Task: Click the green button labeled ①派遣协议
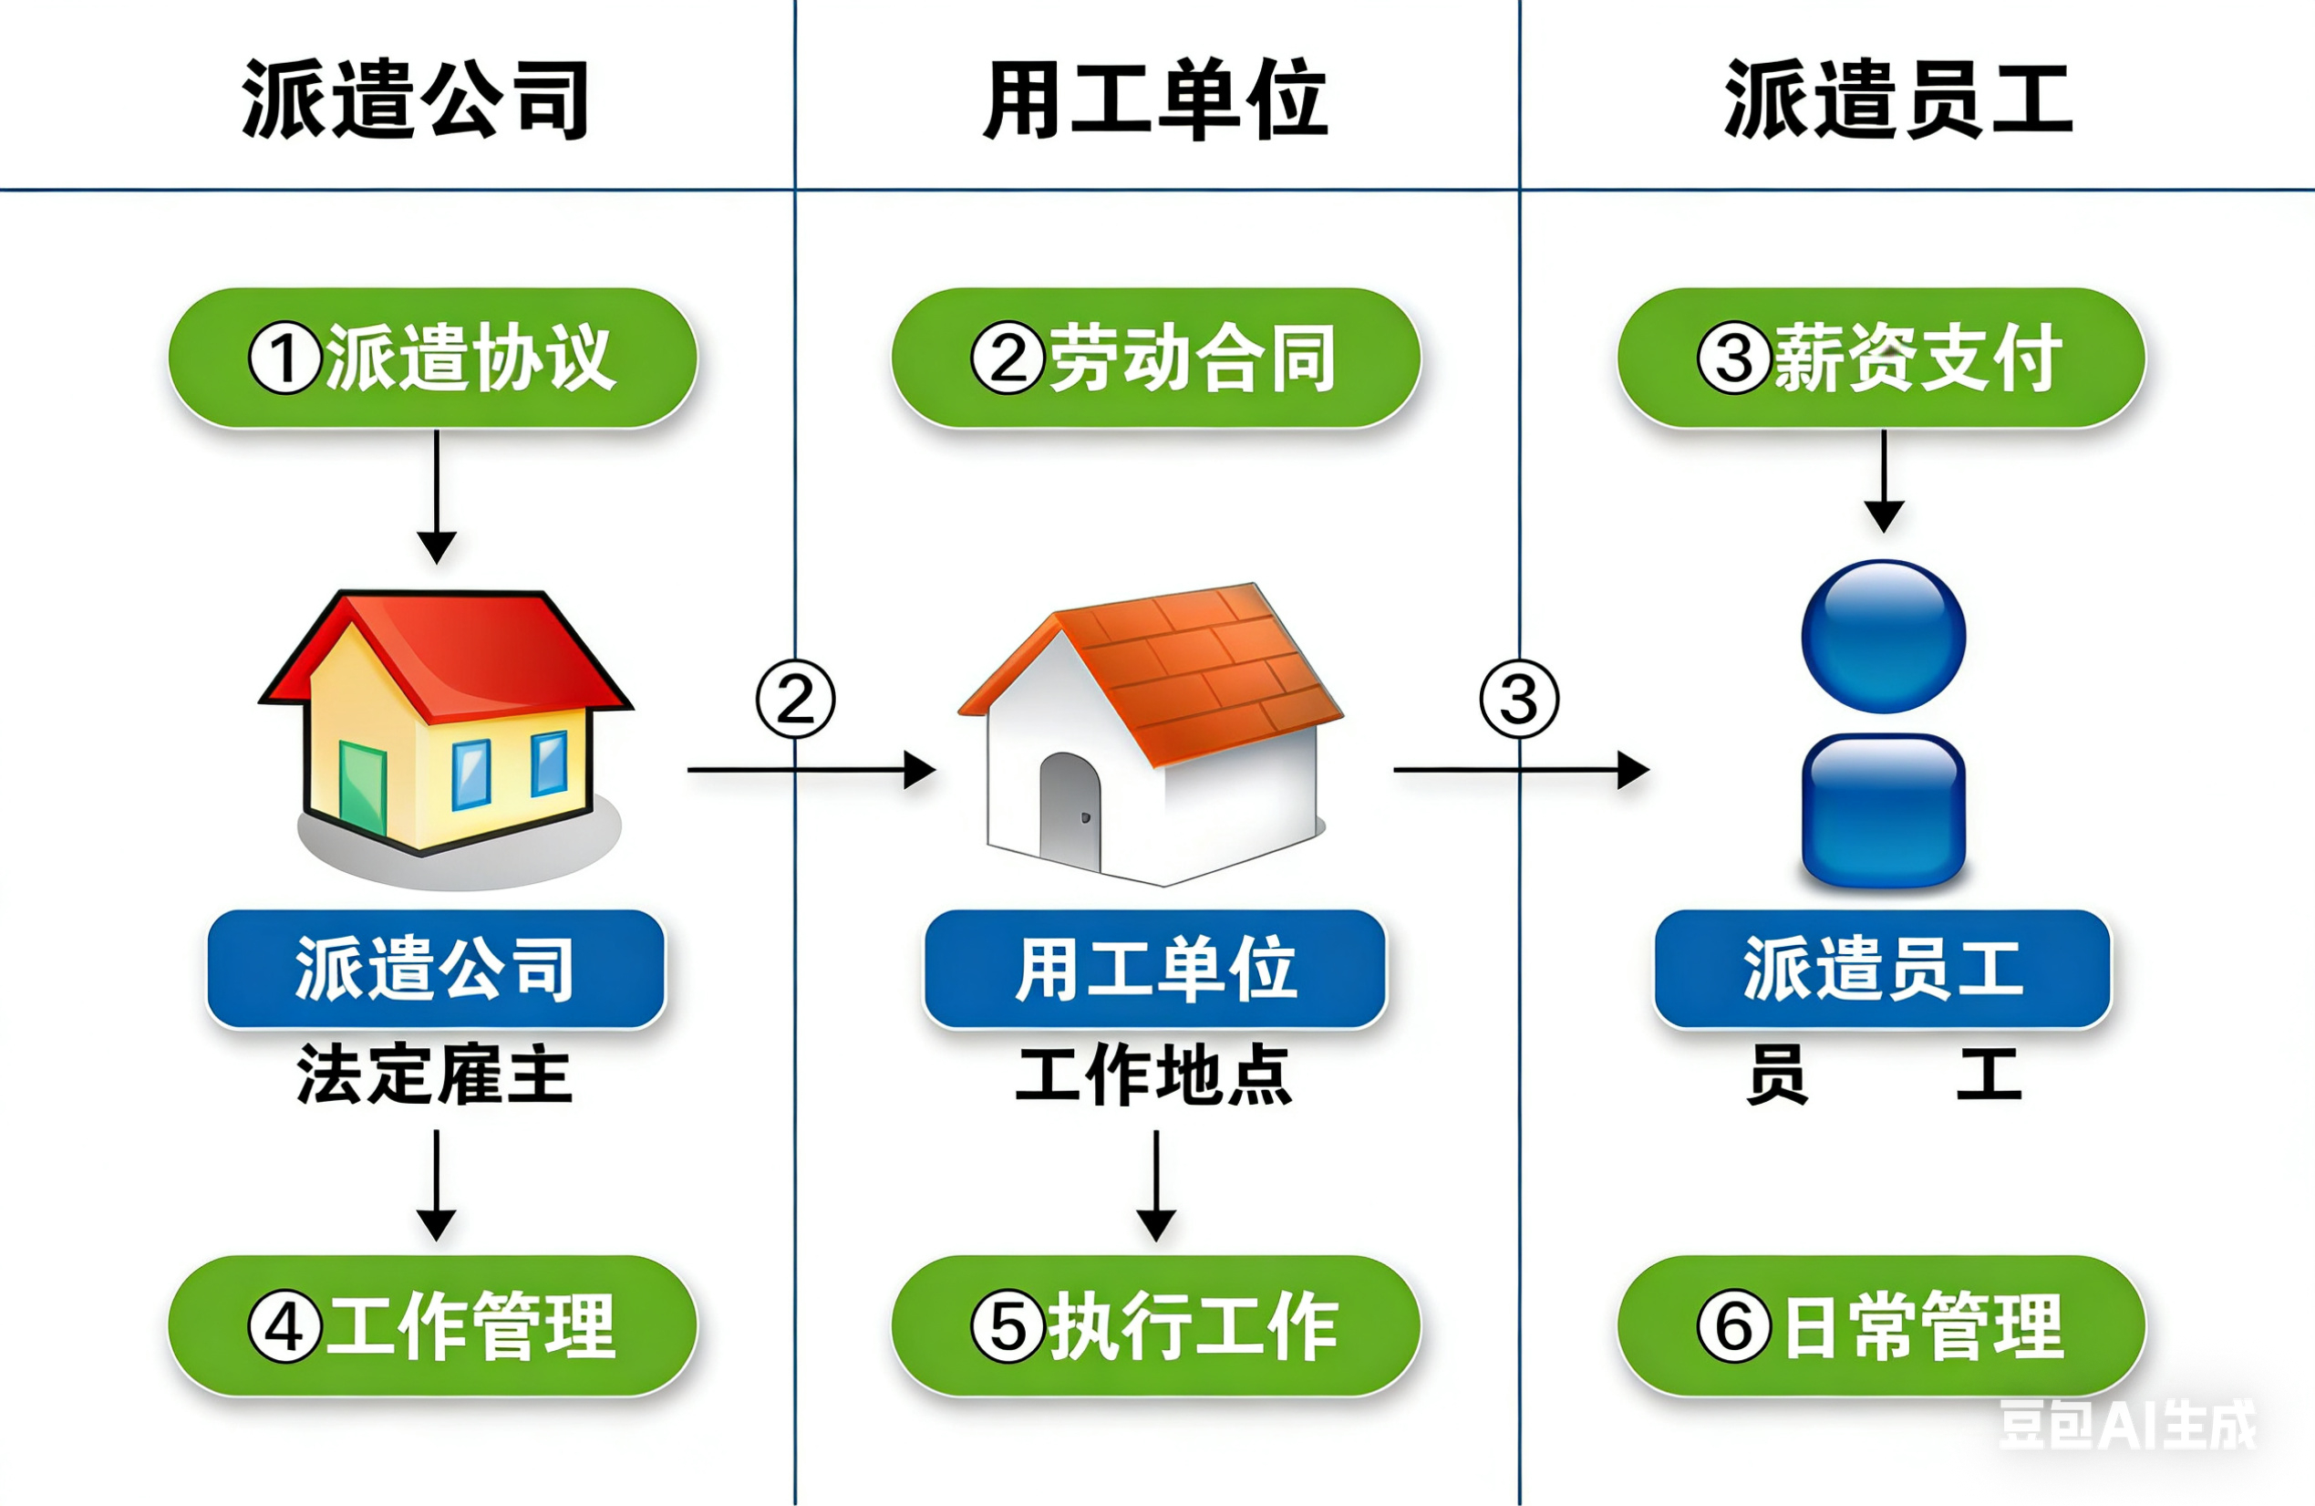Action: click(433, 358)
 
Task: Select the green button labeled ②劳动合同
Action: click(1155, 358)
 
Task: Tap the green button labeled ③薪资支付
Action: click(1881, 358)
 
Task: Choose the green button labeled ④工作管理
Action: click(433, 1326)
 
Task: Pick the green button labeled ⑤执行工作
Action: click(1155, 1326)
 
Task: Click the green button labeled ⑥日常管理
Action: click(1881, 1326)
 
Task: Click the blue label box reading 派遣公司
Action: click(436, 968)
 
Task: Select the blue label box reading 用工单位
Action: click(1155, 968)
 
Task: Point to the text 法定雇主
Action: click(434, 1075)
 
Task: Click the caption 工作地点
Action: click(1153, 1075)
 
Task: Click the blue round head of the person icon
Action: click(1883, 637)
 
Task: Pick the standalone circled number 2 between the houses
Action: click(796, 699)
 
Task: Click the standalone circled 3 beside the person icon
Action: click(1519, 699)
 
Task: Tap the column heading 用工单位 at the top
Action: click(1155, 99)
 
